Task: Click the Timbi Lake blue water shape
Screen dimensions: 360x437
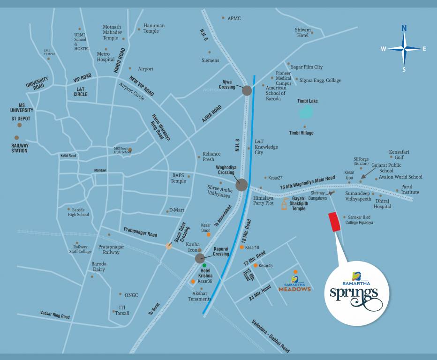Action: click(306, 112)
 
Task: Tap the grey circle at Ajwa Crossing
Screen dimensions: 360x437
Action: click(247, 91)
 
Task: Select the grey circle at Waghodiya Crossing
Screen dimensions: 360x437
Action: click(241, 185)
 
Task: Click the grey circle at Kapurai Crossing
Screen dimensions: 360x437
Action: click(200, 258)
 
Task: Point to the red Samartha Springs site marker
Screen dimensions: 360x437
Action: click(334, 222)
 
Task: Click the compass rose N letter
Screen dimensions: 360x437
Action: click(404, 28)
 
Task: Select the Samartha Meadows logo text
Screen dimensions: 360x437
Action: click(294, 289)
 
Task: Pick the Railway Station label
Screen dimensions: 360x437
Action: click(20, 148)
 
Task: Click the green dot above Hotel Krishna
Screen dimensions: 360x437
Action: click(204, 265)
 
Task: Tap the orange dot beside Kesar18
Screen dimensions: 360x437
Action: click(241, 247)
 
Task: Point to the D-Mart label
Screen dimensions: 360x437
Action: click(176, 210)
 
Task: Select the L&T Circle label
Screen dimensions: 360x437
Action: click(80, 91)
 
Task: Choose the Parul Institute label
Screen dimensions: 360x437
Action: click(410, 189)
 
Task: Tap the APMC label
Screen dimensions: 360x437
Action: click(234, 18)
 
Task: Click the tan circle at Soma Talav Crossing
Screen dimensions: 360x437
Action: click(169, 246)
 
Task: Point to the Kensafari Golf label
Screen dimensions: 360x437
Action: click(399, 154)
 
